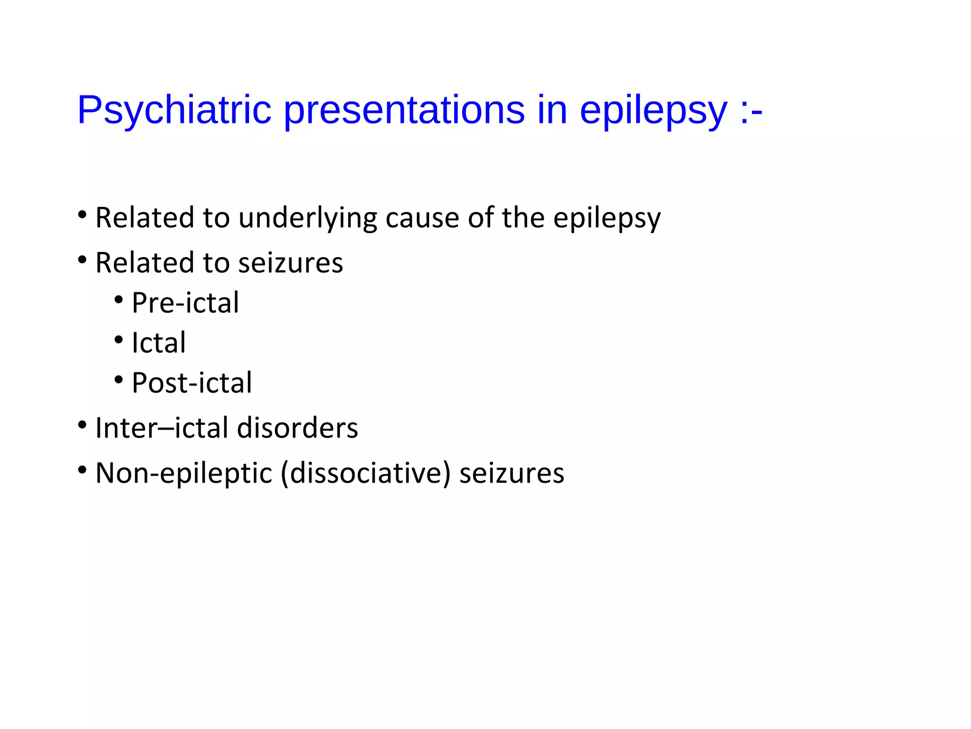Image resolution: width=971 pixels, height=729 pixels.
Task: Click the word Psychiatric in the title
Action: (x=174, y=110)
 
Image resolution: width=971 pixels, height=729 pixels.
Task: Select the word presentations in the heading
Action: (x=404, y=110)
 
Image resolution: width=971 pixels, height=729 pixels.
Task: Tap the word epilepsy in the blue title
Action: (x=653, y=110)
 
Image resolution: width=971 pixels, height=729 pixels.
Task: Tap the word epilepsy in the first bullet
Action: (x=607, y=218)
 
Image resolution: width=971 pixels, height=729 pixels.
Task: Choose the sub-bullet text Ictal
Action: (x=159, y=343)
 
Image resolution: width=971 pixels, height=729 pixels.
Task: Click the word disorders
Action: (x=297, y=428)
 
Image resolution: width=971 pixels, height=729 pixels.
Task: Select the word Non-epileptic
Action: (x=183, y=473)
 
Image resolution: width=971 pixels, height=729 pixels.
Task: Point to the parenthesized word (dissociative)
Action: (x=366, y=473)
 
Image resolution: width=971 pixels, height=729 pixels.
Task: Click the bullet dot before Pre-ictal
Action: (x=119, y=299)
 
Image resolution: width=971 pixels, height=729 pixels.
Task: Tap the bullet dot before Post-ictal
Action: (x=119, y=379)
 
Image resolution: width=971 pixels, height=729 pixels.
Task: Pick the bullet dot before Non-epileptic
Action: (x=82, y=470)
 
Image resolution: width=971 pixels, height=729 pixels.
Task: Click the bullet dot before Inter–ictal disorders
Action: (x=82, y=424)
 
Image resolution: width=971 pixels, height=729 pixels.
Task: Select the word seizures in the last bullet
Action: (x=512, y=473)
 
